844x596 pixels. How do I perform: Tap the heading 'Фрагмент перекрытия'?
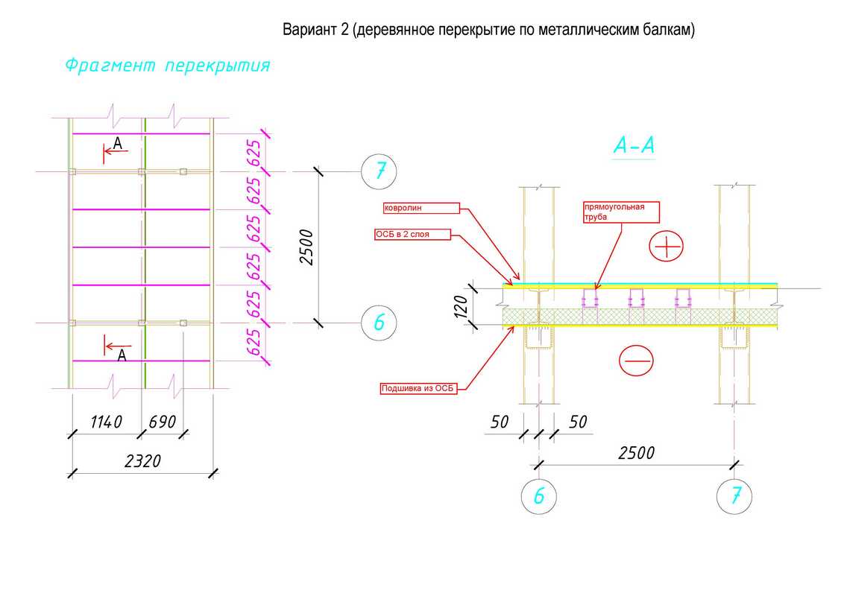167,66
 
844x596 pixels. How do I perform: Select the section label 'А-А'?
634,147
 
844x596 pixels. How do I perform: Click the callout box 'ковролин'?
419,208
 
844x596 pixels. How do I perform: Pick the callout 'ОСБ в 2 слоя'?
412,234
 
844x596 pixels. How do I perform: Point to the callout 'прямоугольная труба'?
621,212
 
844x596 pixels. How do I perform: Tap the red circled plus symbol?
666,247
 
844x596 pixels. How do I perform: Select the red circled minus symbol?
636,361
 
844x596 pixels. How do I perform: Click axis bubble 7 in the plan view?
379,171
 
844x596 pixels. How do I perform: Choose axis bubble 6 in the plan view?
379,323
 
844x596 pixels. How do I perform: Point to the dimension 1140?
106,422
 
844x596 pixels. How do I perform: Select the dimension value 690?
163,422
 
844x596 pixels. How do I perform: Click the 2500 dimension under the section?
636,453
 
